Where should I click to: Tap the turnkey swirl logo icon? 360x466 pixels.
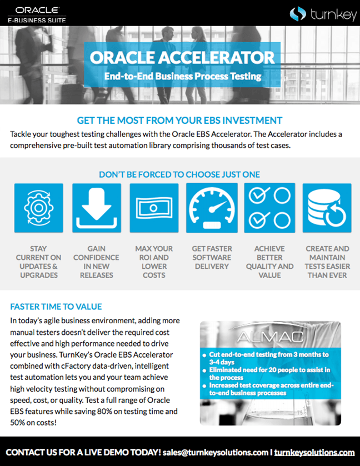coord(298,13)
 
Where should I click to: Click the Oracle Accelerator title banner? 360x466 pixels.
coord(182,57)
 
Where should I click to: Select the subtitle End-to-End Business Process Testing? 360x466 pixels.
coord(182,76)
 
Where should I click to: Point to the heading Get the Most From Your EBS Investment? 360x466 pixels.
coord(179,121)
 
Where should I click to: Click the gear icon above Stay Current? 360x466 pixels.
coord(39,208)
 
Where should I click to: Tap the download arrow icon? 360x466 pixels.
coord(96,208)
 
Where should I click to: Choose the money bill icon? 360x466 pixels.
coord(154,208)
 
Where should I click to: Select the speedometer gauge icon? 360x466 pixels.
coord(212,208)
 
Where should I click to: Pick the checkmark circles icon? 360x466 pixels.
coord(269,208)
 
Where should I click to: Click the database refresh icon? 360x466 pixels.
coord(327,208)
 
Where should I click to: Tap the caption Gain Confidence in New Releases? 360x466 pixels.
coord(96,262)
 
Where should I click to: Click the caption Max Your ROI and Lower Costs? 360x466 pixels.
coord(154,262)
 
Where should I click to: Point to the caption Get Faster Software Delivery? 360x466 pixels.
coord(212,257)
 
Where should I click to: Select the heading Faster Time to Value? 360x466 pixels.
coord(56,307)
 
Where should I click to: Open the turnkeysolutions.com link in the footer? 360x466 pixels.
coord(314,453)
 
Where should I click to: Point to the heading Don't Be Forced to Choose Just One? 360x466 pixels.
coord(179,174)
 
